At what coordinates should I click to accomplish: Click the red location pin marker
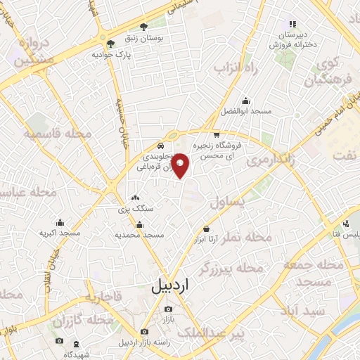[x=181, y=165]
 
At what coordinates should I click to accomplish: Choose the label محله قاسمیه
[x=56, y=134]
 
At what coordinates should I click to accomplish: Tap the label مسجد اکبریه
[x=60, y=233]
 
